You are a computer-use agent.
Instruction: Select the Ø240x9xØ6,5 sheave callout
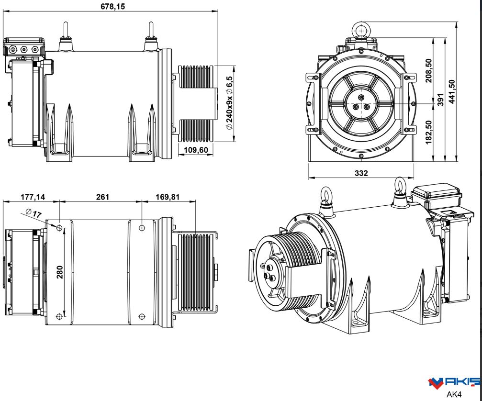(229, 102)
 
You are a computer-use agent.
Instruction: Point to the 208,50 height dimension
(428, 70)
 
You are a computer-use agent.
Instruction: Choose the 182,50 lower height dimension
(428, 132)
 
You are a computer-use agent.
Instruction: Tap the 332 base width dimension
(361, 173)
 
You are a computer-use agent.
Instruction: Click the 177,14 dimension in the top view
(33, 197)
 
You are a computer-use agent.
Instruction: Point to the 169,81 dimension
(168, 197)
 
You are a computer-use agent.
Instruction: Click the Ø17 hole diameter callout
(34, 213)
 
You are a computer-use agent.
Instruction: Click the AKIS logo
(454, 382)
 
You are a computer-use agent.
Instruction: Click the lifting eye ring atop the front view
(360, 30)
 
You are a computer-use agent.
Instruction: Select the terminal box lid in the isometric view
(436, 194)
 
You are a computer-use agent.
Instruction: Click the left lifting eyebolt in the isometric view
(326, 198)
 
